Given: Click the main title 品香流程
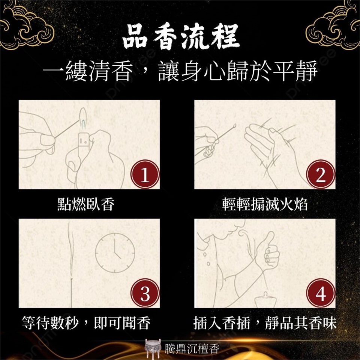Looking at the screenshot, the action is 181,37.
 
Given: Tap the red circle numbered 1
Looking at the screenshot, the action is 145,174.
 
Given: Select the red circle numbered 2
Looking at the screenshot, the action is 321,174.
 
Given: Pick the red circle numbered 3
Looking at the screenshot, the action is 145,293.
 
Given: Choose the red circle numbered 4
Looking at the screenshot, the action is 321,293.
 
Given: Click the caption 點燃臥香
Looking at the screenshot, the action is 86,204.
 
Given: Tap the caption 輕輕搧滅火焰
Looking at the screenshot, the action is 265,204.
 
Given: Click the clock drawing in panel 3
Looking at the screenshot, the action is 115,253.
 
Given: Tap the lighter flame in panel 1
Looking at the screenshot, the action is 83,116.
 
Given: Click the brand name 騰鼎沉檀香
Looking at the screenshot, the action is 192,348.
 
